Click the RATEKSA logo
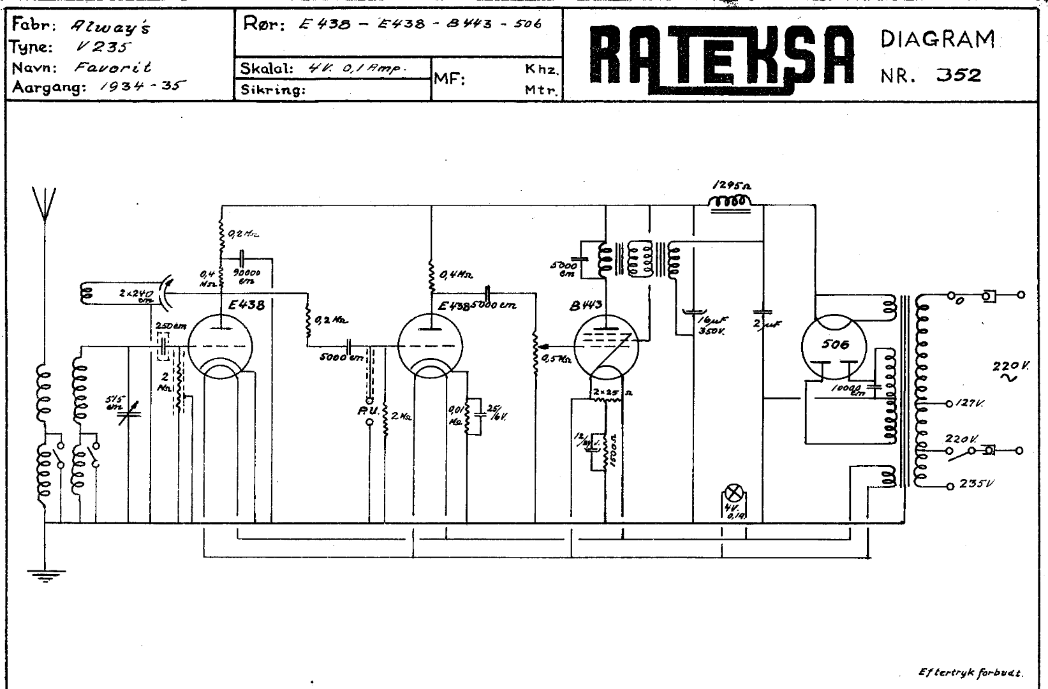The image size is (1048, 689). click(x=721, y=56)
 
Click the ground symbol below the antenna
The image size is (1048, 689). click(x=45, y=575)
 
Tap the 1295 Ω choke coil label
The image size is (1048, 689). click(x=731, y=186)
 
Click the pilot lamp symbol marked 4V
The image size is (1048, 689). click(x=735, y=494)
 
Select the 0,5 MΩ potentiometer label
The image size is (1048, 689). click(x=555, y=359)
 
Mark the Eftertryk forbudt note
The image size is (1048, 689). click(x=971, y=672)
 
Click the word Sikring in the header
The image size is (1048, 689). click(x=273, y=90)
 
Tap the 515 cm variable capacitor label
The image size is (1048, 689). click(x=115, y=403)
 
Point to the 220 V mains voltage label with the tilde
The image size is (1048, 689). click(x=1007, y=370)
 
